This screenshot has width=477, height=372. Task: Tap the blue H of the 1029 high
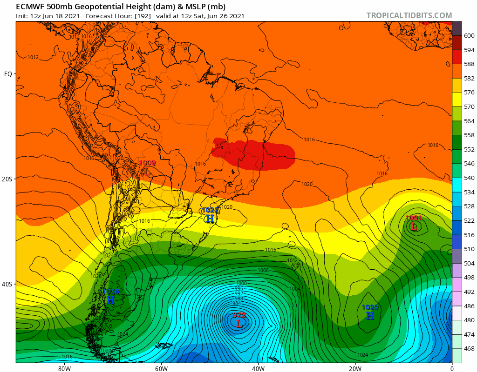tap(370, 316)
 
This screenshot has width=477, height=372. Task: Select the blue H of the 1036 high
tap(111, 300)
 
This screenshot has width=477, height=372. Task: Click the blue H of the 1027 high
tap(211, 219)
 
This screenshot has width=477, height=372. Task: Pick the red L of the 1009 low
tap(147, 171)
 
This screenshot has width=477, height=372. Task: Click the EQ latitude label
tap(8, 74)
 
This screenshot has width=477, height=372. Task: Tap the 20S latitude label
tap(8, 179)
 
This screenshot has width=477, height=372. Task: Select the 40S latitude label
tap(8, 284)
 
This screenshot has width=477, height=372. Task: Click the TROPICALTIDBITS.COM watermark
tap(409, 15)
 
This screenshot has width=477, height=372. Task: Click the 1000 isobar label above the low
tap(241, 283)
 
